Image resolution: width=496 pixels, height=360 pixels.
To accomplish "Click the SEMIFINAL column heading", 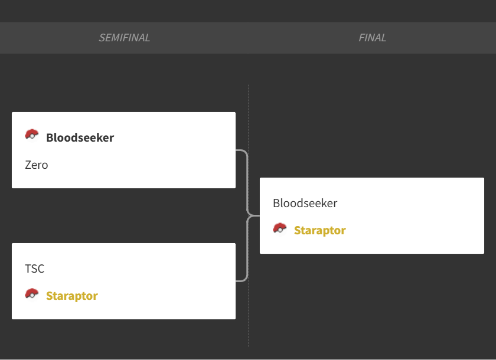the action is click(x=125, y=38).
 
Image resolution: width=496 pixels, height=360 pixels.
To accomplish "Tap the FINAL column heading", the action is click(x=373, y=38).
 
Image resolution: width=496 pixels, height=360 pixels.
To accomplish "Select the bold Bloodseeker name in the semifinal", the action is click(x=80, y=138).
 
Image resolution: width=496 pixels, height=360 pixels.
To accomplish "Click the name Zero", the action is click(x=37, y=165).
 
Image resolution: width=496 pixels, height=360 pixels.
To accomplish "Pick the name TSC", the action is click(x=34, y=269).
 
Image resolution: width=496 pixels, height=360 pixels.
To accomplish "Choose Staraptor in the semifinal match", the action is click(x=72, y=296).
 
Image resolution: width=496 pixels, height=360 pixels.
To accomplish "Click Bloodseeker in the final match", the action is click(x=305, y=203).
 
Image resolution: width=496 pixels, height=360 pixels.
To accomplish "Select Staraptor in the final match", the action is click(x=320, y=230).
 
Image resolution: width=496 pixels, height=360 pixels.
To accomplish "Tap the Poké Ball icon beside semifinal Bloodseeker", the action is click(x=32, y=135).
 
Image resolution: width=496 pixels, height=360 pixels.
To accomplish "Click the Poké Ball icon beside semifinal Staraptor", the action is click(x=32, y=294).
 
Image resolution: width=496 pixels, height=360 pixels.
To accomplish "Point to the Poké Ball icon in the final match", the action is click(x=280, y=228).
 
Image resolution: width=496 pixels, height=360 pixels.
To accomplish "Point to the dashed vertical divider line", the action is click(x=249, y=215).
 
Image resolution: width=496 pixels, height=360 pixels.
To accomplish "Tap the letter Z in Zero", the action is click(x=28, y=165).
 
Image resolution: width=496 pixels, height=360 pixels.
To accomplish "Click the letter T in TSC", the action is click(x=28, y=269).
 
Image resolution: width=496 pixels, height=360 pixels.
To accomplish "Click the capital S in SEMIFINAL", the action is click(x=102, y=38).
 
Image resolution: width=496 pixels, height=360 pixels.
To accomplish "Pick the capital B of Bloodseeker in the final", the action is click(x=276, y=203).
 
